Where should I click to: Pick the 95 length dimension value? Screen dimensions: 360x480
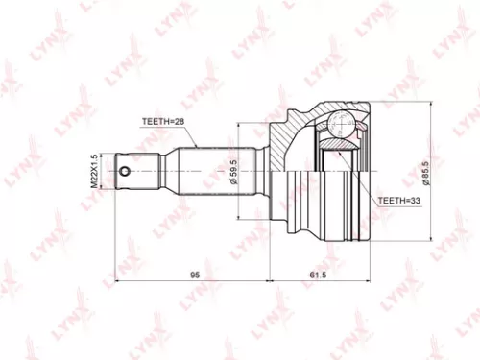click(x=195, y=275)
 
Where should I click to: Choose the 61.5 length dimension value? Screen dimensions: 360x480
click(x=320, y=275)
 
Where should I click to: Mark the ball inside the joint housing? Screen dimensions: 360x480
click(x=337, y=125)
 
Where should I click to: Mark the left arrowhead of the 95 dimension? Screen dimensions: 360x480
click(x=118, y=281)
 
